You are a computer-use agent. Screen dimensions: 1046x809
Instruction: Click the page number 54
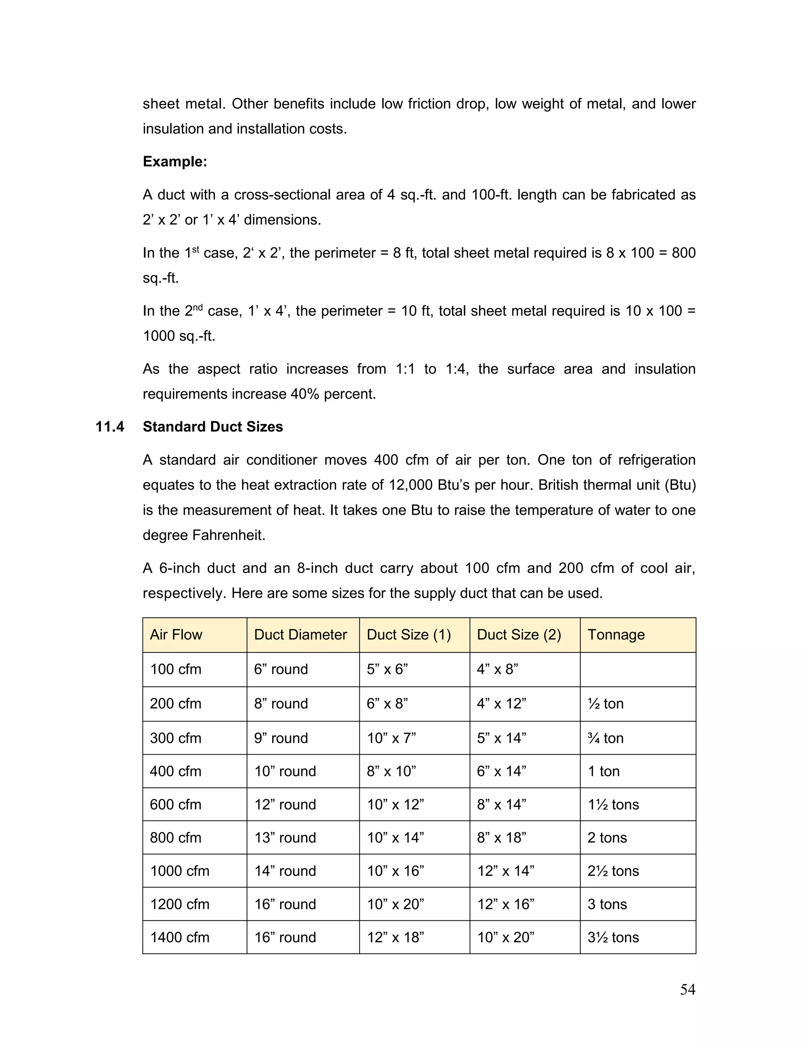pos(687,989)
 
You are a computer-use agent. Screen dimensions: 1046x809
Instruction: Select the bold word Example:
pos(175,162)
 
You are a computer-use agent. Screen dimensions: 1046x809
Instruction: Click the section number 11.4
pos(110,427)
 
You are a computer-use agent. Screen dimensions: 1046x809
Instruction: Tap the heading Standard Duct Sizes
pos(213,427)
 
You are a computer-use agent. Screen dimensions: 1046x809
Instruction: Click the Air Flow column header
pos(176,635)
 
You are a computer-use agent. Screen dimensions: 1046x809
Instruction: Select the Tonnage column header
pos(616,635)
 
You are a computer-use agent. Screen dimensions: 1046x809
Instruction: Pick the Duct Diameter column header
pos(300,635)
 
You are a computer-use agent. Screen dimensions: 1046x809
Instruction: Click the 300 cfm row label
pos(175,738)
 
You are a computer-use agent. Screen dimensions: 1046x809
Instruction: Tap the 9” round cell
pos(281,738)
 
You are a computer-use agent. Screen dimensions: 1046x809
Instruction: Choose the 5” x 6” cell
pos(387,669)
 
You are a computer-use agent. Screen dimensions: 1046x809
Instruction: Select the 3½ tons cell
pos(613,937)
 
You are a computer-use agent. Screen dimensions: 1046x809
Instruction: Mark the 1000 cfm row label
pos(180,871)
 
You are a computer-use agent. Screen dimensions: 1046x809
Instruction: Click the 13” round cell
pos(285,838)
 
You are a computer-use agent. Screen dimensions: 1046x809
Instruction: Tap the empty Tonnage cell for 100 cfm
pos(638,669)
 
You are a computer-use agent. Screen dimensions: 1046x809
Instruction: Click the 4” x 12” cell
pos(501,703)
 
